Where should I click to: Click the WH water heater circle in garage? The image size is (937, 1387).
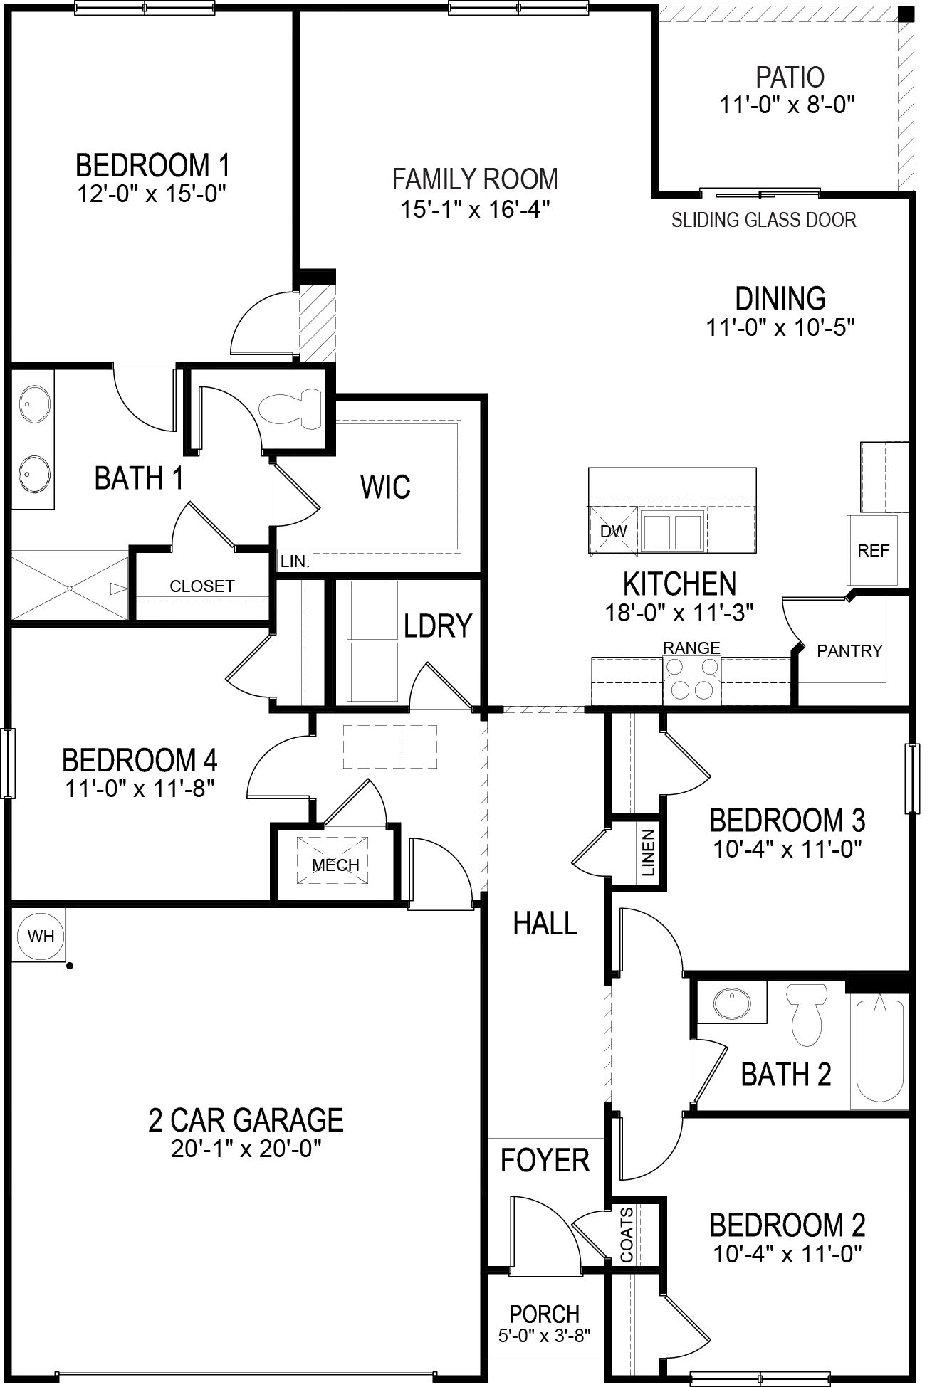pos(41,935)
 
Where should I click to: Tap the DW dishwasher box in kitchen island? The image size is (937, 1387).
pos(613,530)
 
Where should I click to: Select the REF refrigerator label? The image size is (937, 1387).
pos(873,550)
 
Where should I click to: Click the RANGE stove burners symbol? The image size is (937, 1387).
pos(692,680)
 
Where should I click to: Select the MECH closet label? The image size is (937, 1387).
pos(335,865)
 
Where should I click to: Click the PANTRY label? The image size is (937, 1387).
pos(849,650)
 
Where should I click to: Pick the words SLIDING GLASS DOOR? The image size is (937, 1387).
pos(763,220)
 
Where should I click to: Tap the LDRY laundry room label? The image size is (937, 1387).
pos(437,626)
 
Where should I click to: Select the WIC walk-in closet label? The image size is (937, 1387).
pos(385,487)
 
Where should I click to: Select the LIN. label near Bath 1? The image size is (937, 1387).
pos(295,561)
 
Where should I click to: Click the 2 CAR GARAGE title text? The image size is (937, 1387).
pos(246,1119)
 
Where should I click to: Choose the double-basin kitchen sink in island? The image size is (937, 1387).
pos(672,530)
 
